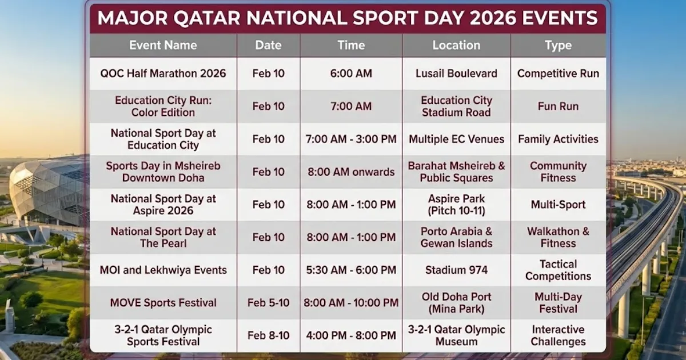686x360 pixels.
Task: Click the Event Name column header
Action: tap(163, 45)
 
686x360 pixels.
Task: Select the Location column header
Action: tap(456, 45)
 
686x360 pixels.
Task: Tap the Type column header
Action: tap(558, 45)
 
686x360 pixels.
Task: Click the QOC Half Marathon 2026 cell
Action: tap(163, 74)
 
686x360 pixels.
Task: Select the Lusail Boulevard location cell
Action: tap(456, 74)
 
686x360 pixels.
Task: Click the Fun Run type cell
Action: tap(558, 106)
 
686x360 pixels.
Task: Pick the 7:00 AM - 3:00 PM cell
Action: tap(350, 139)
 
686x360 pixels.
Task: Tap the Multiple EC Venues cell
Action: tap(456, 139)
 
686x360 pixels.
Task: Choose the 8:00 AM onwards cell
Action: tap(350, 172)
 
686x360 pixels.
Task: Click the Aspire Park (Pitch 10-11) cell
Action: tap(456, 205)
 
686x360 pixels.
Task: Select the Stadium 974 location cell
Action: tap(456, 270)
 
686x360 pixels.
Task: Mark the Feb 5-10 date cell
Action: tap(268, 303)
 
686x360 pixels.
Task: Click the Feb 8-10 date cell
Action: tap(268, 335)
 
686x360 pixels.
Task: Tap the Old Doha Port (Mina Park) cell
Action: tap(456, 303)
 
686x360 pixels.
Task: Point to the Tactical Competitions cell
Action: tap(558, 270)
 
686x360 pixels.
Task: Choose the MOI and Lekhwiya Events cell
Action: tap(163, 270)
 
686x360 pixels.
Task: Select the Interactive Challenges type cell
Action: tap(558, 335)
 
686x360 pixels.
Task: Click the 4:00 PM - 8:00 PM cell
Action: tap(350, 335)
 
